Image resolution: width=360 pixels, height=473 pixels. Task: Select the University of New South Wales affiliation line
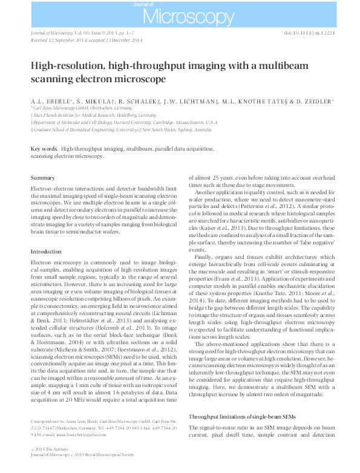121,129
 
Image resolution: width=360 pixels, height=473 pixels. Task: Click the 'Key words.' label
44,148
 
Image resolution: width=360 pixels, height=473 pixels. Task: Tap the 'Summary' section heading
43,178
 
